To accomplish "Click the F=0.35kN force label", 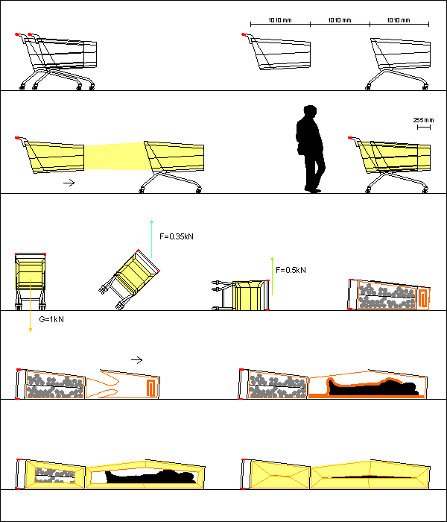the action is click(177, 236).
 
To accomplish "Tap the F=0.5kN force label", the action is click(291, 270).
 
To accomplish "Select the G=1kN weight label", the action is click(51, 319).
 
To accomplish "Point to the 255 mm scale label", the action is click(423, 120).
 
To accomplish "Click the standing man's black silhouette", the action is click(310, 150).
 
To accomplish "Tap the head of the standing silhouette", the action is click(310, 111).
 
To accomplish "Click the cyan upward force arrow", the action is click(152, 239).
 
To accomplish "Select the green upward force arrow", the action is click(273, 276).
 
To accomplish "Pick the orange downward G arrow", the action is click(31, 305).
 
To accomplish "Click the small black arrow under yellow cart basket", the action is click(69, 183).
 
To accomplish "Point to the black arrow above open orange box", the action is click(136, 360).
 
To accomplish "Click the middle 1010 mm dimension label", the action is click(340, 20).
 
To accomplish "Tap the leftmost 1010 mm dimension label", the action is click(280, 20).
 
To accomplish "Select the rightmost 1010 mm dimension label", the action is click(399, 20).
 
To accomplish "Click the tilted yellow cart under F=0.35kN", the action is click(130, 279).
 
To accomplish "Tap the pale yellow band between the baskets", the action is click(115, 156).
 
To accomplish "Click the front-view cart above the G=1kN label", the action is click(31, 281).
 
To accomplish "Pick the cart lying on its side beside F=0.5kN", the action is click(241, 295).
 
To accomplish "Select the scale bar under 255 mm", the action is click(424, 128).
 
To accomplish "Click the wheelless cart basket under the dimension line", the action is click(276, 51).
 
